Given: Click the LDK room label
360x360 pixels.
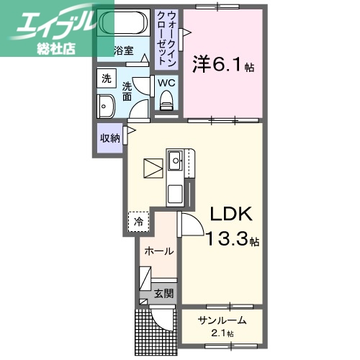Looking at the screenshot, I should [230, 214].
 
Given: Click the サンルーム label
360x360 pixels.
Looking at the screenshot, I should [223, 321].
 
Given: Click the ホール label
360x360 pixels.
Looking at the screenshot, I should [158, 251].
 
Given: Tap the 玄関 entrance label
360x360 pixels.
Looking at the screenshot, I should [163, 293].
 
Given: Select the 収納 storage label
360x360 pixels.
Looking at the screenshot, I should [110, 138].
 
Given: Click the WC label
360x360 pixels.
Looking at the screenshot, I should [166, 83].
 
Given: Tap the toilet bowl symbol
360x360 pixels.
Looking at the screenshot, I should [166, 105].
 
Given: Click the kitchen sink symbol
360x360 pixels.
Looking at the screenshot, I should [174, 161].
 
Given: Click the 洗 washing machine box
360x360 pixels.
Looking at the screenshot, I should [106, 78].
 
